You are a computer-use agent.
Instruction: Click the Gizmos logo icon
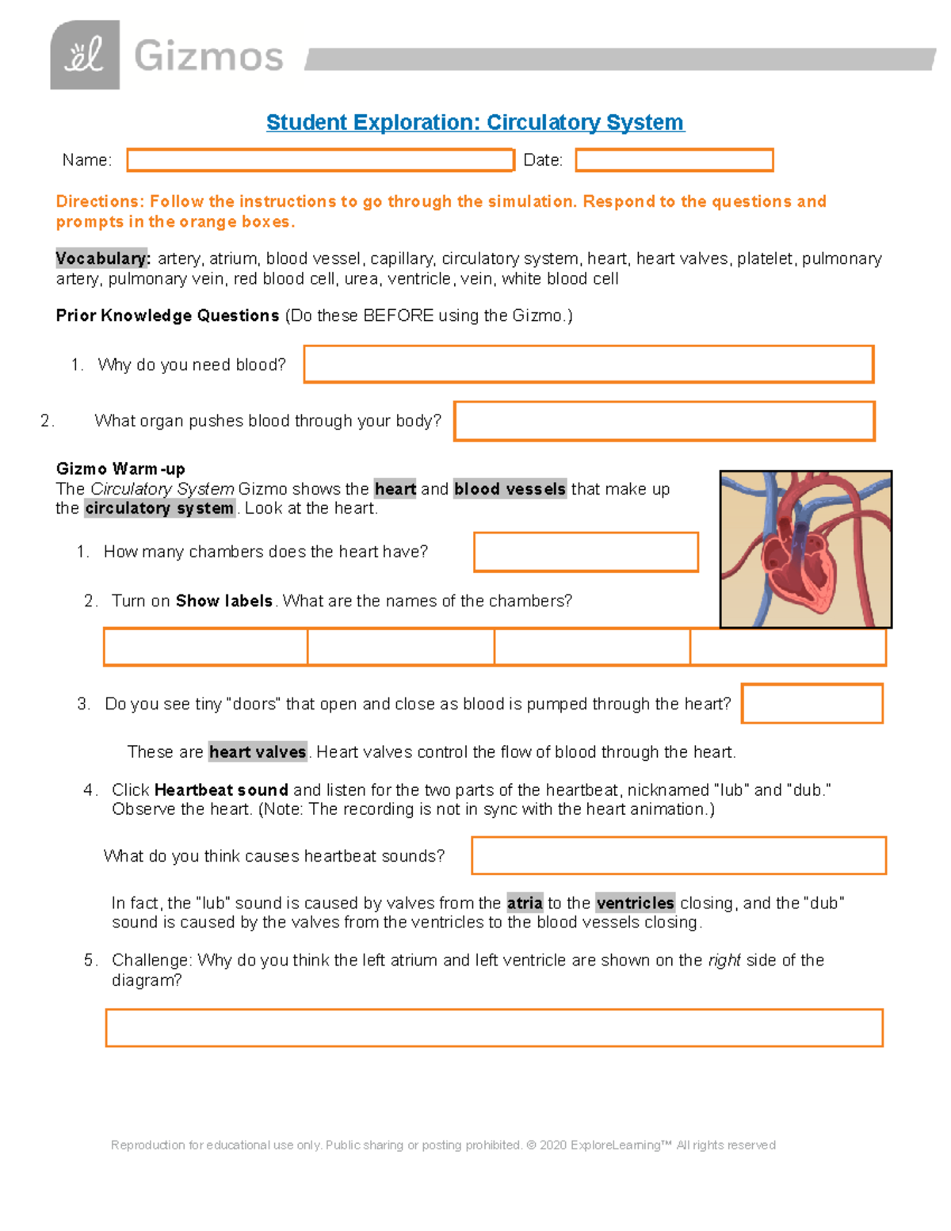(x=85, y=55)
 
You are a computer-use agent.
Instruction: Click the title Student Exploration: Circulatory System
(x=475, y=122)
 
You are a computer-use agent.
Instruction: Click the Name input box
(x=320, y=160)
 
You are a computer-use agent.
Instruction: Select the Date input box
(x=674, y=160)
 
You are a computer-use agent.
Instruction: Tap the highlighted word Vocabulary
(x=102, y=258)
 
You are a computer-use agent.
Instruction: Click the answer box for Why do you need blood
(x=588, y=365)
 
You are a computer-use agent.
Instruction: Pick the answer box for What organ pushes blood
(x=664, y=421)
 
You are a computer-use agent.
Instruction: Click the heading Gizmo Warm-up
(x=120, y=468)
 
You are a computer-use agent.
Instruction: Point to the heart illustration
(x=805, y=549)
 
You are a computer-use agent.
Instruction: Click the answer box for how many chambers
(x=586, y=552)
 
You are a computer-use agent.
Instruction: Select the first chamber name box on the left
(x=205, y=647)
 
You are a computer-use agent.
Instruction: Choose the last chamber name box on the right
(x=788, y=647)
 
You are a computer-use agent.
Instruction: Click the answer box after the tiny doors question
(x=812, y=704)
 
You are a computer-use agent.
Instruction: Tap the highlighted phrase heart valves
(x=258, y=751)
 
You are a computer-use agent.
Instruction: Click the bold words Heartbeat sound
(x=221, y=789)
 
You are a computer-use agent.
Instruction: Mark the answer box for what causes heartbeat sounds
(x=678, y=855)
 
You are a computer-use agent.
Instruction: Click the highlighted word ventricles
(x=635, y=903)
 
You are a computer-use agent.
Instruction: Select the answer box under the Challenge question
(x=494, y=1028)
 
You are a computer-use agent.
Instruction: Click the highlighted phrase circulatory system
(x=159, y=508)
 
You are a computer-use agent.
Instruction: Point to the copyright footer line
(x=443, y=1145)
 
